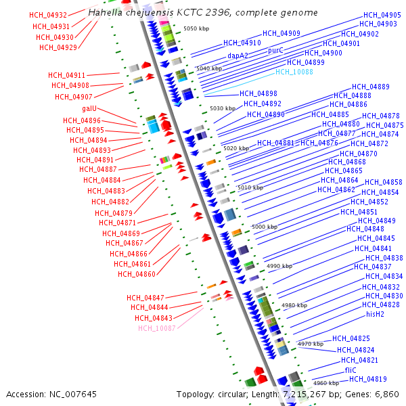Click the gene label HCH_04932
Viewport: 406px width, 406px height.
click(48, 15)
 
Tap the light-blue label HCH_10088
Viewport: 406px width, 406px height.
click(294, 72)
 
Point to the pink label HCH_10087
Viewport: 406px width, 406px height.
click(157, 328)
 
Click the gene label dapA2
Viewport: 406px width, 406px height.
click(239, 56)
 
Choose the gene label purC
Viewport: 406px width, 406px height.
click(275, 50)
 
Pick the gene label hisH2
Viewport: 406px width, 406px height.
click(375, 314)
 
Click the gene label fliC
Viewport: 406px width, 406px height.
click(351, 371)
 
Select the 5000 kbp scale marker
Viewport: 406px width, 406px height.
click(265, 227)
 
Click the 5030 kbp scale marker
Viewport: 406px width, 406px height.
click(223, 108)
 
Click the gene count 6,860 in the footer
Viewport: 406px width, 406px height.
click(386, 394)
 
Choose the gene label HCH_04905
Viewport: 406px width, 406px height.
click(382, 15)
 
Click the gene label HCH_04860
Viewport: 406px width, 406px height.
click(137, 274)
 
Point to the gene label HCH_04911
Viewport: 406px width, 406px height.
click(67, 75)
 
